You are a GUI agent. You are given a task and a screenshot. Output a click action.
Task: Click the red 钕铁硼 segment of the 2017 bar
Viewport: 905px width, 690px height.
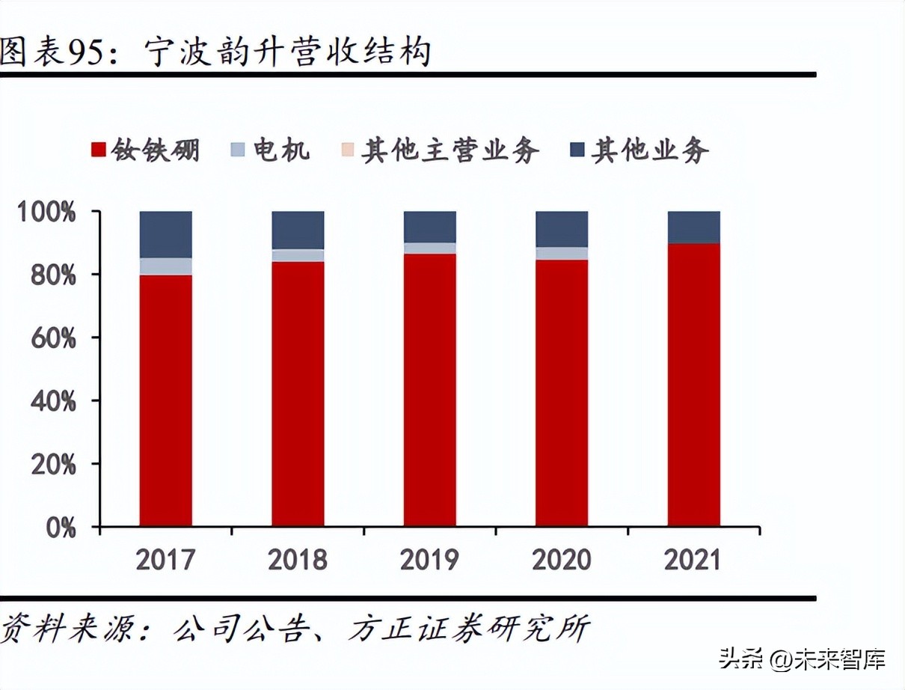click(165, 400)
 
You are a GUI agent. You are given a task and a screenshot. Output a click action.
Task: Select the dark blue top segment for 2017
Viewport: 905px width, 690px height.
click(165, 234)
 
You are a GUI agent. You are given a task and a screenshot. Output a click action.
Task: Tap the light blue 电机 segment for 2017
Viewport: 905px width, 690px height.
click(165, 266)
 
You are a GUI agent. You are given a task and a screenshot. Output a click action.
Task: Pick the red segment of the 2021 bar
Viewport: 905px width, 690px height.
click(693, 385)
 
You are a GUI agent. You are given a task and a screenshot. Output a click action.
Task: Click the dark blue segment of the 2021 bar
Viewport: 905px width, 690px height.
click(693, 228)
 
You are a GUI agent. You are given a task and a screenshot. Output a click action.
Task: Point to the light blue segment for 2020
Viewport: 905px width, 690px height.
click(562, 254)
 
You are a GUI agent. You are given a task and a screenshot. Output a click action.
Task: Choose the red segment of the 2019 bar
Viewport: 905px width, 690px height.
click(429, 390)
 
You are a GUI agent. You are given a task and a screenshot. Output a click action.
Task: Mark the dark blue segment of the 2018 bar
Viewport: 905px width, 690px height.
click(298, 230)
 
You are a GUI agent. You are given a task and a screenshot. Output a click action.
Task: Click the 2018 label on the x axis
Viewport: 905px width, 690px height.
click(298, 560)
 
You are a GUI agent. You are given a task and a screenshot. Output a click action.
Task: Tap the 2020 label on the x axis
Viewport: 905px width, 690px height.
click(562, 560)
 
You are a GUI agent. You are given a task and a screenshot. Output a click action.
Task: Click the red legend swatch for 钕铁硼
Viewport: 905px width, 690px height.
click(98, 150)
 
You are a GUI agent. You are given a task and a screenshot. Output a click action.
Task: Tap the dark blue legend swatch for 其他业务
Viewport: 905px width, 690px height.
click(577, 150)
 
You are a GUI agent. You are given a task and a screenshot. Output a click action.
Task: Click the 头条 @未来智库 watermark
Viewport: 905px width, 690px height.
click(802, 660)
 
